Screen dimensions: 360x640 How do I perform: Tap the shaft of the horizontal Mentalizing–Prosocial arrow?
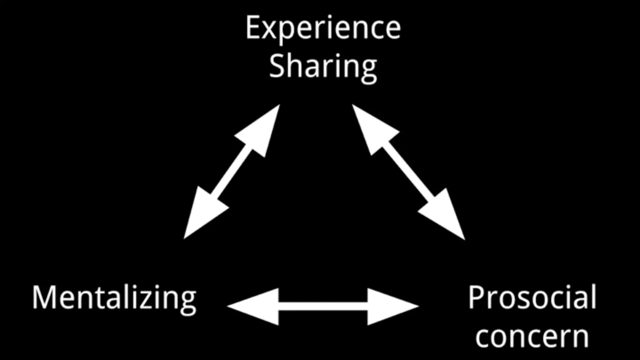(x=323, y=307)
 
